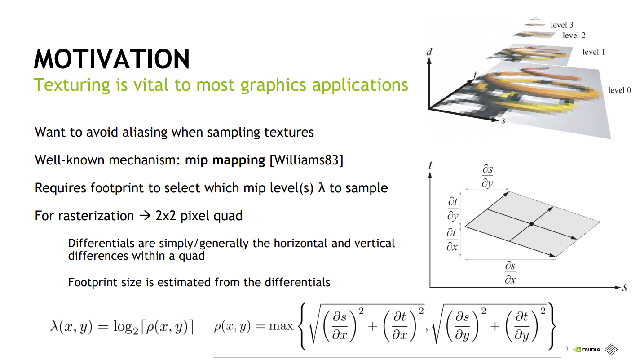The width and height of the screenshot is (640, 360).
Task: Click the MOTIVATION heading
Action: click(112, 59)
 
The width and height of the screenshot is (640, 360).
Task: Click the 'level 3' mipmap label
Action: click(562, 25)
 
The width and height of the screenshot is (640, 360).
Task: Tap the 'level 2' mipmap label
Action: click(574, 36)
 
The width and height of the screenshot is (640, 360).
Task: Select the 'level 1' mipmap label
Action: click(594, 52)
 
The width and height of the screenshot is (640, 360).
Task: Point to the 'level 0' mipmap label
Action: click(619, 90)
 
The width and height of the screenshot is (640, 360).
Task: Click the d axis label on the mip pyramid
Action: click(429, 52)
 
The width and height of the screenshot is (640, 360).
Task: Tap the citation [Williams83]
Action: click(306, 160)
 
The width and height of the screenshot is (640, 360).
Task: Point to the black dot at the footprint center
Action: click(531, 224)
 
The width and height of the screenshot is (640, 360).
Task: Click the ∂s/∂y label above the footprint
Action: click(487, 176)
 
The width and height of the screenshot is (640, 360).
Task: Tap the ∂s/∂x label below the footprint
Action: click(510, 272)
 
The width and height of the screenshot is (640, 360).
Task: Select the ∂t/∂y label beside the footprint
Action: click(453, 209)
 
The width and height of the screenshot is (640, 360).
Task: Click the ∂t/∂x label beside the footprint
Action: click(452, 240)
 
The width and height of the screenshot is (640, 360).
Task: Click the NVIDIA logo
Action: click(587, 349)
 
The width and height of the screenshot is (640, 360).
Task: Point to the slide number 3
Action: click(567, 348)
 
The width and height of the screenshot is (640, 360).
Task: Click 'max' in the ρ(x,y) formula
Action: click(281, 326)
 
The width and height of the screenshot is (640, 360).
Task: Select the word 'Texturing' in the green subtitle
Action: click(72, 85)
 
